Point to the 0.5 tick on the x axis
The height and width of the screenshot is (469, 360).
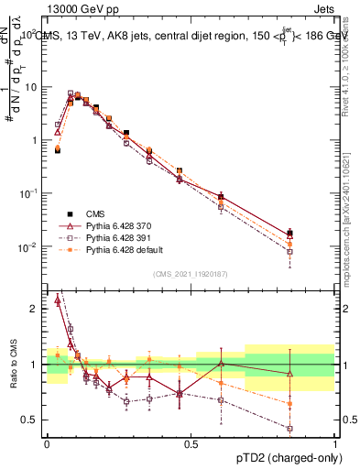point(191,442)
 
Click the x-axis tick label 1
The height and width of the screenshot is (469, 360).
point(335,442)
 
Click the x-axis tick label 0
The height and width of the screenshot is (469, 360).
point(47,442)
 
